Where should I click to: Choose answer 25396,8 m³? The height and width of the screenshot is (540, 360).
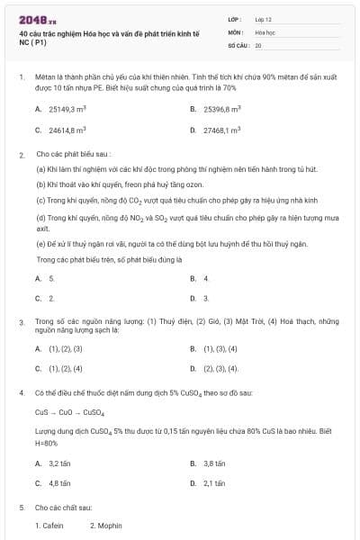tap(222, 109)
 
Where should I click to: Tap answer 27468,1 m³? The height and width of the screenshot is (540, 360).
tap(222, 130)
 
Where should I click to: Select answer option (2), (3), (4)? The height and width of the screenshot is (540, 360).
tap(221, 368)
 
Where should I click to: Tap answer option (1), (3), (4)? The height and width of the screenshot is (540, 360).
tap(221, 348)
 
